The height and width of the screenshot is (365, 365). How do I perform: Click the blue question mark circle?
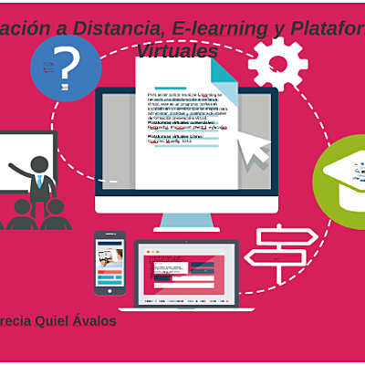(65, 67)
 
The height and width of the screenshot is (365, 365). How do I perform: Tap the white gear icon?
(277, 63)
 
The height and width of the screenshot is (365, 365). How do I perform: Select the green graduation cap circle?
(346, 174)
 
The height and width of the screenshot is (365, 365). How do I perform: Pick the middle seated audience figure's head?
(25, 205)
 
